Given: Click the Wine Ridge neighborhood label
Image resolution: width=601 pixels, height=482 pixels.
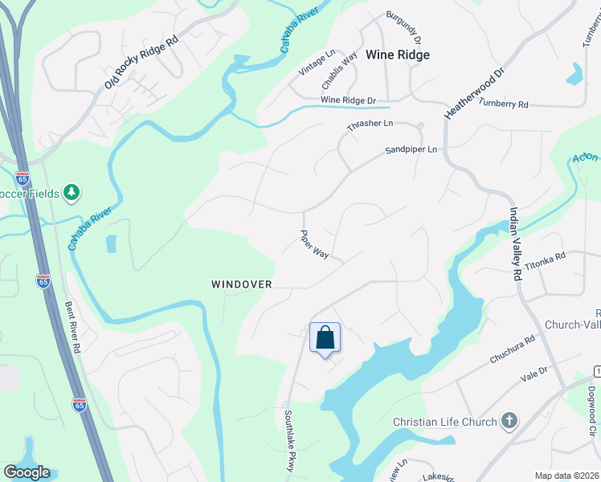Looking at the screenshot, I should click(x=397, y=55).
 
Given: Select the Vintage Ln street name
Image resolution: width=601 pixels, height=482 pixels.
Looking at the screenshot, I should click(x=317, y=63).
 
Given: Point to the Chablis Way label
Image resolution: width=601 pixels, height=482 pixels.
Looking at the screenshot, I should click(x=339, y=71).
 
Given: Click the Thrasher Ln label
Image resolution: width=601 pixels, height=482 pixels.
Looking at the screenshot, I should click(x=370, y=124).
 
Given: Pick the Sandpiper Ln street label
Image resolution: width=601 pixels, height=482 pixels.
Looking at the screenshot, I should click(x=411, y=149).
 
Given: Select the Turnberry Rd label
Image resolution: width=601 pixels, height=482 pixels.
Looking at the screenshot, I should click(x=503, y=104).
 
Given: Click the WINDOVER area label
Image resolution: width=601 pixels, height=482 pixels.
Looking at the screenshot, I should click(x=242, y=284).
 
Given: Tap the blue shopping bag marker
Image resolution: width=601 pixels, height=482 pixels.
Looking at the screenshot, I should click(x=325, y=337).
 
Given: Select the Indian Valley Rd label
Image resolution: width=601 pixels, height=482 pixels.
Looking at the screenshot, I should click(x=513, y=244).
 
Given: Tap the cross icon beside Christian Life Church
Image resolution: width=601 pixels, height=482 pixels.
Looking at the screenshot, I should click(x=508, y=421).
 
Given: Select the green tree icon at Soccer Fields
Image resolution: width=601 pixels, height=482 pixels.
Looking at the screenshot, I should click(x=72, y=192).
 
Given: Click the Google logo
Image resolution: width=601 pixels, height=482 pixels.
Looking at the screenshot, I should click(x=27, y=472).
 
